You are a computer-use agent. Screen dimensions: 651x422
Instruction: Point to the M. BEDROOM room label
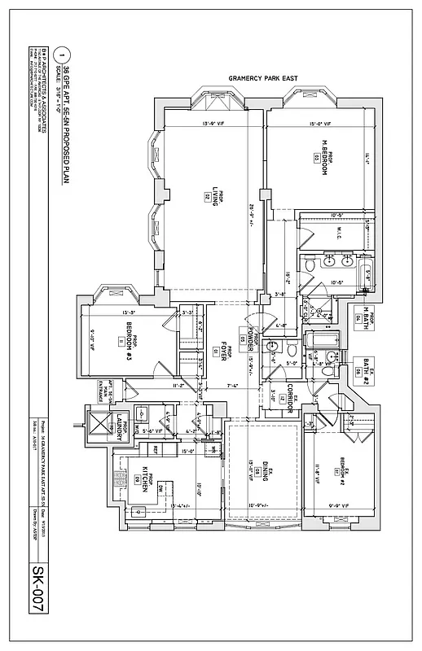[323, 160]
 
